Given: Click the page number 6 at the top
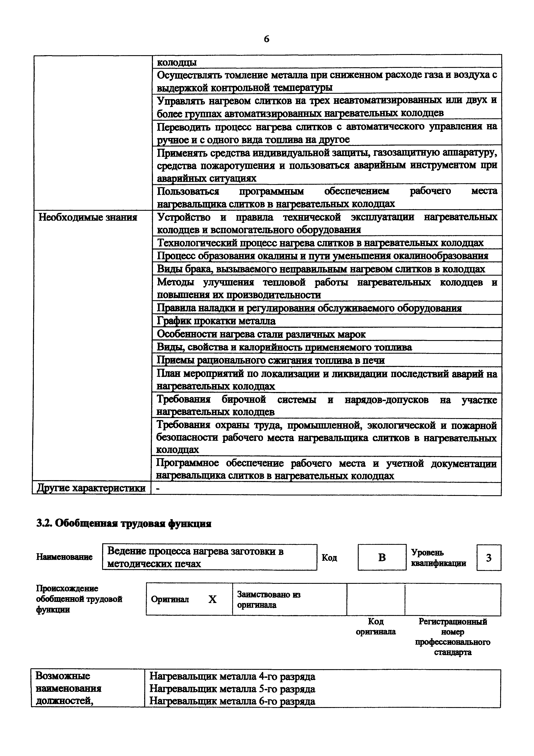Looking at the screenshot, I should [x=266, y=39].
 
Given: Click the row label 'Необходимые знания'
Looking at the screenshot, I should [x=88, y=217].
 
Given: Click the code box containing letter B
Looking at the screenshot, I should [x=382, y=558].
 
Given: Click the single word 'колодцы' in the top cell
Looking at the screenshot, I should [x=177, y=62].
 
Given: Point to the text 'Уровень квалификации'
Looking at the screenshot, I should [x=438, y=558].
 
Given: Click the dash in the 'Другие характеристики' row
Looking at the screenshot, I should [x=158, y=489].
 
